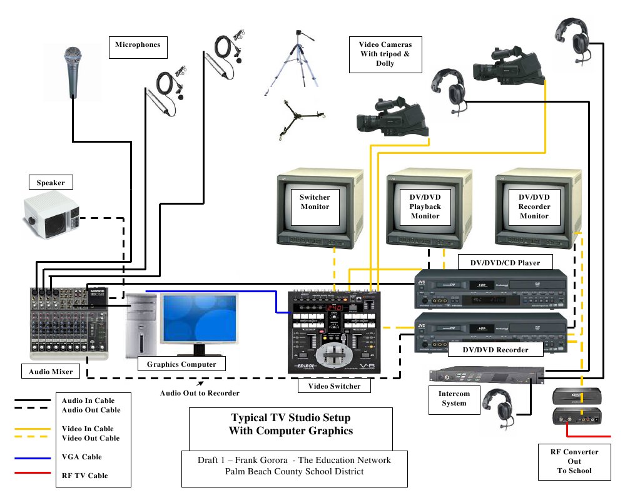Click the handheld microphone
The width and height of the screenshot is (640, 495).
pos(73,72)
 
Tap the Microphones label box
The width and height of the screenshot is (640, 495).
pos(138,45)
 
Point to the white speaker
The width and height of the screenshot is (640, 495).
pos(52,216)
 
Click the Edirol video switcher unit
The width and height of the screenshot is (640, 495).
pos(335,334)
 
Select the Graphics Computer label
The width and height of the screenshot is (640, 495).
pos(181,364)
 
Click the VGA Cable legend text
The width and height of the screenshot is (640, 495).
pos(81,457)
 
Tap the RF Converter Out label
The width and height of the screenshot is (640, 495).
pos(574,461)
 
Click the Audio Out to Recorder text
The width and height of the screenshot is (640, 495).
pos(200,393)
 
